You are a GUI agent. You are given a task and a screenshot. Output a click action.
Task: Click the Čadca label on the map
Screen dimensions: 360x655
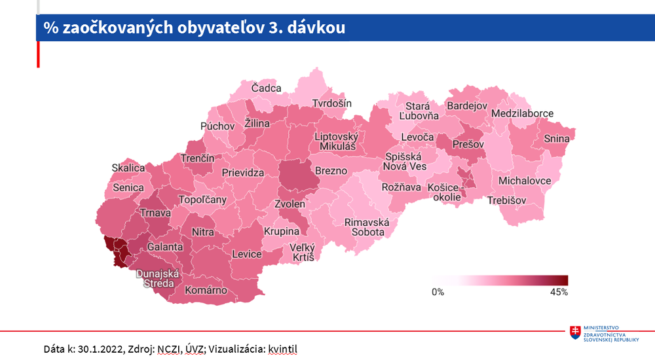(267, 88)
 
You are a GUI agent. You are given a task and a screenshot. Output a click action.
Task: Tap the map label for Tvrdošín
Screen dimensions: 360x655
(331, 103)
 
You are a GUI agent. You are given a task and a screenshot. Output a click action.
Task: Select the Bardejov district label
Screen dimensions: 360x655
(467, 105)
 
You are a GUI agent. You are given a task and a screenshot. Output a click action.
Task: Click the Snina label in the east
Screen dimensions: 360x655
(556, 139)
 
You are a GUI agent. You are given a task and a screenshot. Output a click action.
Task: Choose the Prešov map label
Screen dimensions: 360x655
(468, 143)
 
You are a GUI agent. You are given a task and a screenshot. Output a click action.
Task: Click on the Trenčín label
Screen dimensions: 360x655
(198, 158)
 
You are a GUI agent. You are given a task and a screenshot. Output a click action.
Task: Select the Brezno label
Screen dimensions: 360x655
(331, 171)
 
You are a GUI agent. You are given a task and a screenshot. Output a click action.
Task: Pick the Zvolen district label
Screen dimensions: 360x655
(290, 204)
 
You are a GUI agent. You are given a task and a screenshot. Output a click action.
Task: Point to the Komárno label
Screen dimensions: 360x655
(206, 290)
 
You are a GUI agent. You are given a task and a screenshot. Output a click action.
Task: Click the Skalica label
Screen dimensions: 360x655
(128, 168)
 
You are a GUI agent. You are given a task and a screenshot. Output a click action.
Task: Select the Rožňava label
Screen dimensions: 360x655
(402, 187)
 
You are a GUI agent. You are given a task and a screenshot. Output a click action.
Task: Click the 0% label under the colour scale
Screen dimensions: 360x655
(438, 292)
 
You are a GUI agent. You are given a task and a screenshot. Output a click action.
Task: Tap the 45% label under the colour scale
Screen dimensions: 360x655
(558, 292)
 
